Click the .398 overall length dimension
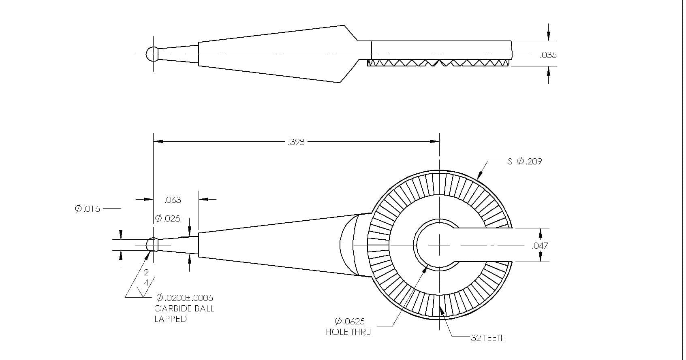click(x=296, y=142)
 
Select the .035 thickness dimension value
click(x=548, y=55)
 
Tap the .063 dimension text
click(x=173, y=200)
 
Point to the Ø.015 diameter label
click(x=88, y=209)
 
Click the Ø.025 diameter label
click(x=167, y=219)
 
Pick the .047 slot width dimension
click(x=540, y=245)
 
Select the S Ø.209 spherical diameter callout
click(x=525, y=161)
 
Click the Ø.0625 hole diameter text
click(x=350, y=322)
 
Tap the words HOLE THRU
click(x=348, y=332)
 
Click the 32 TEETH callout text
click(x=489, y=338)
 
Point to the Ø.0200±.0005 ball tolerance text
click(x=185, y=298)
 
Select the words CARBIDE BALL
click(x=184, y=309)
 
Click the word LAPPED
click(x=171, y=319)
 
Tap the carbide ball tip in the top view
click(x=152, y=54)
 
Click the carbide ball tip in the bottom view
click(x=152, y=245)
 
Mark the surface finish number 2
click(x=146, y=272)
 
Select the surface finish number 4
click(x=146, y=283)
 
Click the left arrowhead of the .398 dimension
click(x=158, y=141)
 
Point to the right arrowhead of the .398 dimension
click(x=434, y=141)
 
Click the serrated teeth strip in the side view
click(x=438, y=63)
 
